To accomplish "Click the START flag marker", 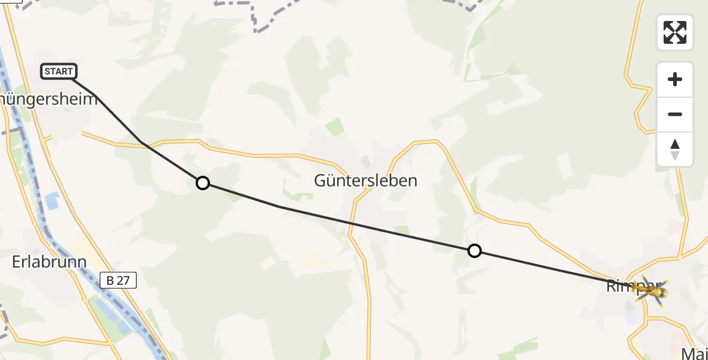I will tap(59, 71).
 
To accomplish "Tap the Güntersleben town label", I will tap(365, 180).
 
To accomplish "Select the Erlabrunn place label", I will tap(49, 262).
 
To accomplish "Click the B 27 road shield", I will tap(119, 280).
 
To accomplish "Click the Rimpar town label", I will tap(624, 286).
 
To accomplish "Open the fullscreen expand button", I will tap(675, 32).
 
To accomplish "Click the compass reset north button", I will tap(675, 149).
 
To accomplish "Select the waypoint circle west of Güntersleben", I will tap(203, 183).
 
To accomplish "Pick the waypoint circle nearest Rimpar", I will tap(475, 251).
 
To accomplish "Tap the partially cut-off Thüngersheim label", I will tap(48, 99).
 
